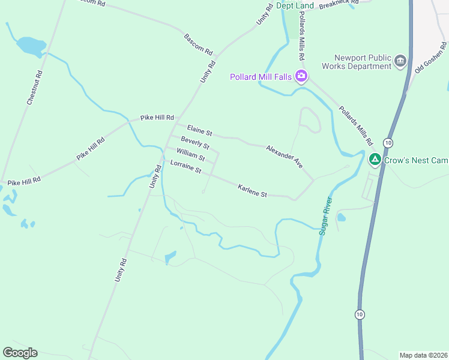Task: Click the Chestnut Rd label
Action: click(x=34, y=89)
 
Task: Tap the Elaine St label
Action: click(x=200, y=130)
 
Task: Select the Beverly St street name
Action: click(x=195, y=143)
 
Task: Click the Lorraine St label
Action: click(x=185, y=167)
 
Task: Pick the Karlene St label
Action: click(x=252, y=190)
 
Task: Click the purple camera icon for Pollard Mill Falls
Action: click(x=301, y=76)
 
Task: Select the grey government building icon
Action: click(x=400, y=61)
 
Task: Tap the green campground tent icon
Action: click(x=375, y=160)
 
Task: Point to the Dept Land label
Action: click(x=295, y=5)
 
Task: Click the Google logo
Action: click(x=20, y=353)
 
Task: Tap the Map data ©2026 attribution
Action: click(x=423, y=355)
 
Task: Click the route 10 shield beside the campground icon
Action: click(x=388, y=143)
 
